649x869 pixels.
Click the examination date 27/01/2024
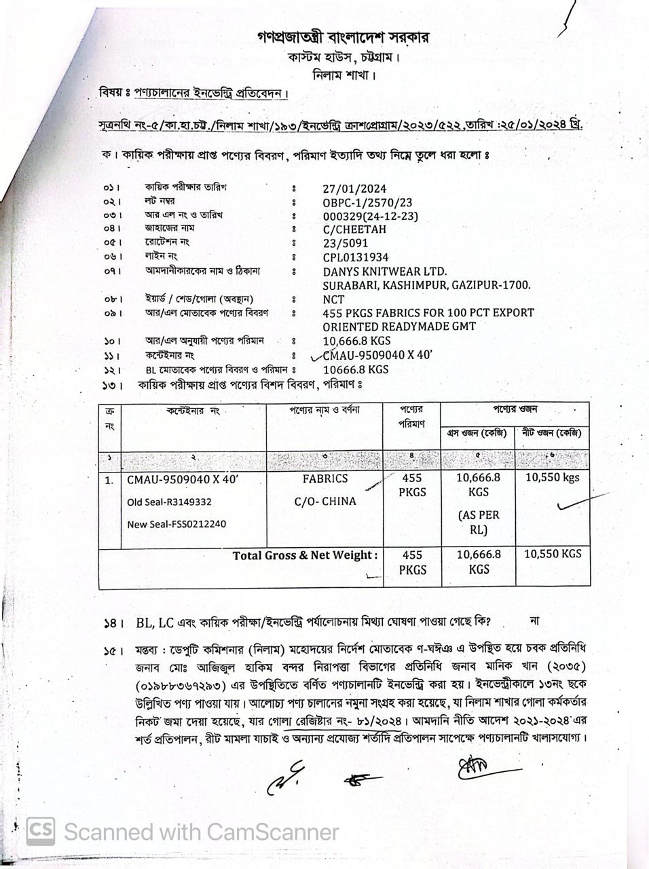tap(354, 189)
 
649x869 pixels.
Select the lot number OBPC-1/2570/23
tap(367, 203)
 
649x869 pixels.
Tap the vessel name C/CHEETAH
tap(354, 229)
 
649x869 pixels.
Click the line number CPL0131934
tap(356, 257)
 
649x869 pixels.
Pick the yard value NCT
tap(333, 299)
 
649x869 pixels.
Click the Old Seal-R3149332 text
tap(169, 502)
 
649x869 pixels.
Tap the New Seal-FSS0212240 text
tap(177, 524)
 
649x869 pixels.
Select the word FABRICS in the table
tap(325, 479)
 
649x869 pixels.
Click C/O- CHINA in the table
tap(325, 502)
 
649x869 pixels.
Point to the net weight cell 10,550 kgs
tap(553, 477)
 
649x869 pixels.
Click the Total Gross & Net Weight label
tap(305, 555)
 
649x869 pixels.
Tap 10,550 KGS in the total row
tap(553, 554)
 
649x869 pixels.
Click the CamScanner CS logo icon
tap(41, 831)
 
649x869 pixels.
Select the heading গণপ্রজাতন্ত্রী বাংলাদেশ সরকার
tap(343, 37)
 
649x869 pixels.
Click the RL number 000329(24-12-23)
tap(370, 217)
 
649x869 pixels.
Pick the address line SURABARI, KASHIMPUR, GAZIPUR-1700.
tap(426, 286)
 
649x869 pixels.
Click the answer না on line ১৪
tap(534, 621)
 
